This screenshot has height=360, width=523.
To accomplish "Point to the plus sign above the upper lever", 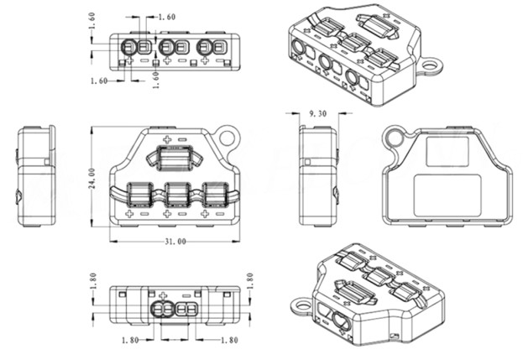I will click(x=166, y=139).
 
